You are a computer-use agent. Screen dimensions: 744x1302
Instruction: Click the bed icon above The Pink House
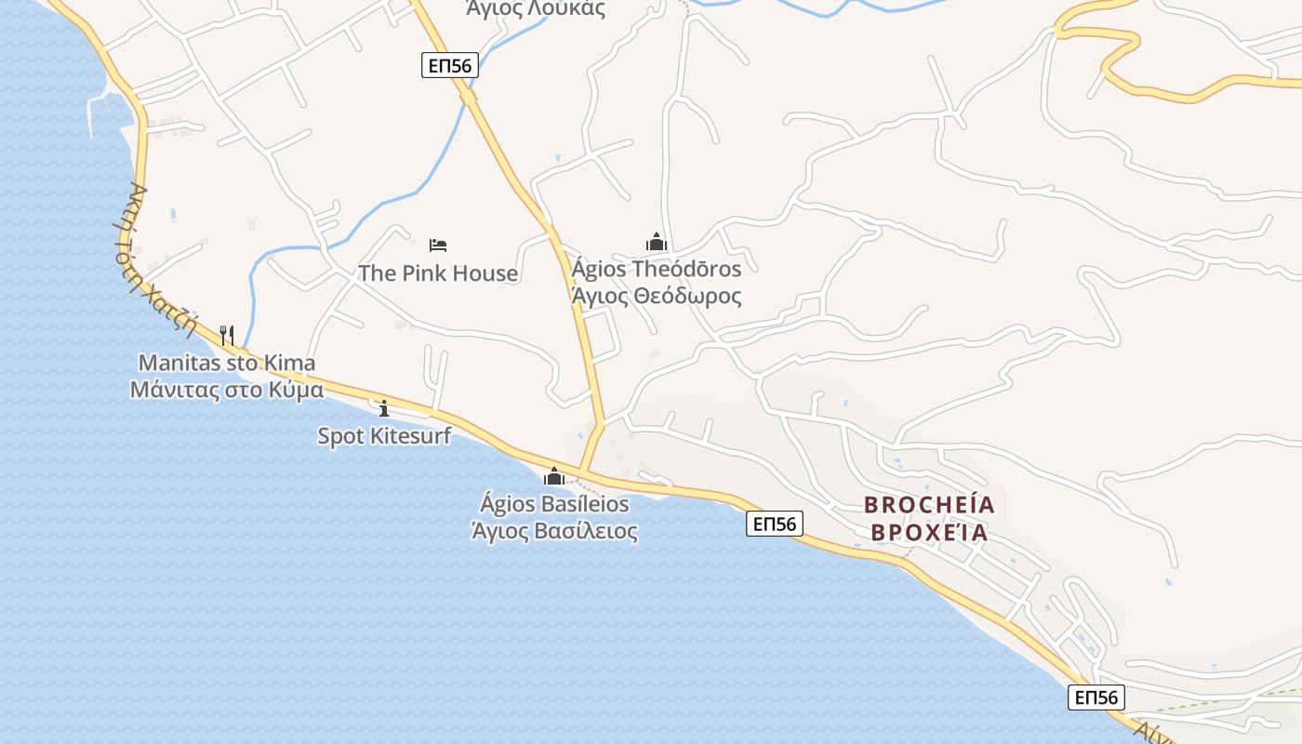pyautogui.click(x=438, y=246)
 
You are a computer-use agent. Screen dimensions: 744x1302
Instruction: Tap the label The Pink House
pyautogui.click(x=438, y=273)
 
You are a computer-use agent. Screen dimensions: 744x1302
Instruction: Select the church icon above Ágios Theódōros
pyautogui.click(x=657, y=243)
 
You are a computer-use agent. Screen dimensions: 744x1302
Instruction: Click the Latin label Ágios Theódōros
pyautogui.click(x=657, y=270)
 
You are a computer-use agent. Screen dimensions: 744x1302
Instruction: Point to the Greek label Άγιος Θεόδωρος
pyautogui.click(x=657, y=297)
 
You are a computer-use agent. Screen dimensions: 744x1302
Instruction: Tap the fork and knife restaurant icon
pyautogui.click(x=226, y=334)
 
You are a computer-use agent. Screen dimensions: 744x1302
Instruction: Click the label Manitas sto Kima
pyautogui.click(x=227, y=363)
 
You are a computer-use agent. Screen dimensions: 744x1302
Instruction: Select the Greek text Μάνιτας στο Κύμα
pyautogui.click(x=227, y=390)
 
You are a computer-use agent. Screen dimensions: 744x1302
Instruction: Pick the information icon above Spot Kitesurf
pyautogui.click(x=384, y=407)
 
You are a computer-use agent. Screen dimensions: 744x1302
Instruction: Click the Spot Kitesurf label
pyautogui.click(x=384, y=435)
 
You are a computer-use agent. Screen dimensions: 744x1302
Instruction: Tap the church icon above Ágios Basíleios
pyautogui.click(x=554, y=477)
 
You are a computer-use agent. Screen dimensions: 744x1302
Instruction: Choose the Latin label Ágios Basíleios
pyautogui.click(x=554, y=505)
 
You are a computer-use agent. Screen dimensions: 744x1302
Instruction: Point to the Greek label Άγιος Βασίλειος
pyautogui.click(x=554, y=532)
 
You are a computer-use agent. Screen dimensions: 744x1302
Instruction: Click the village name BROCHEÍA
pyautogui.click(x=929, y=505)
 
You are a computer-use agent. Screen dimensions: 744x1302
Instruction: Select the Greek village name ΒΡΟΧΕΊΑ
pyautogui.click(x=925, y=533)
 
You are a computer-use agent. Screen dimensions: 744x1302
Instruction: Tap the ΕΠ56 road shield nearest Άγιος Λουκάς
pyautogui.click(x=450, y=65)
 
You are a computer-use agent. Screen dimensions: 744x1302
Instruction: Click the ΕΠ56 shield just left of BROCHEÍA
pyautogui.click(x=774, y=525)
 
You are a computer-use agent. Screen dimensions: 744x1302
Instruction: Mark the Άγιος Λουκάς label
pyautogui.click(x=536, y=9)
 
